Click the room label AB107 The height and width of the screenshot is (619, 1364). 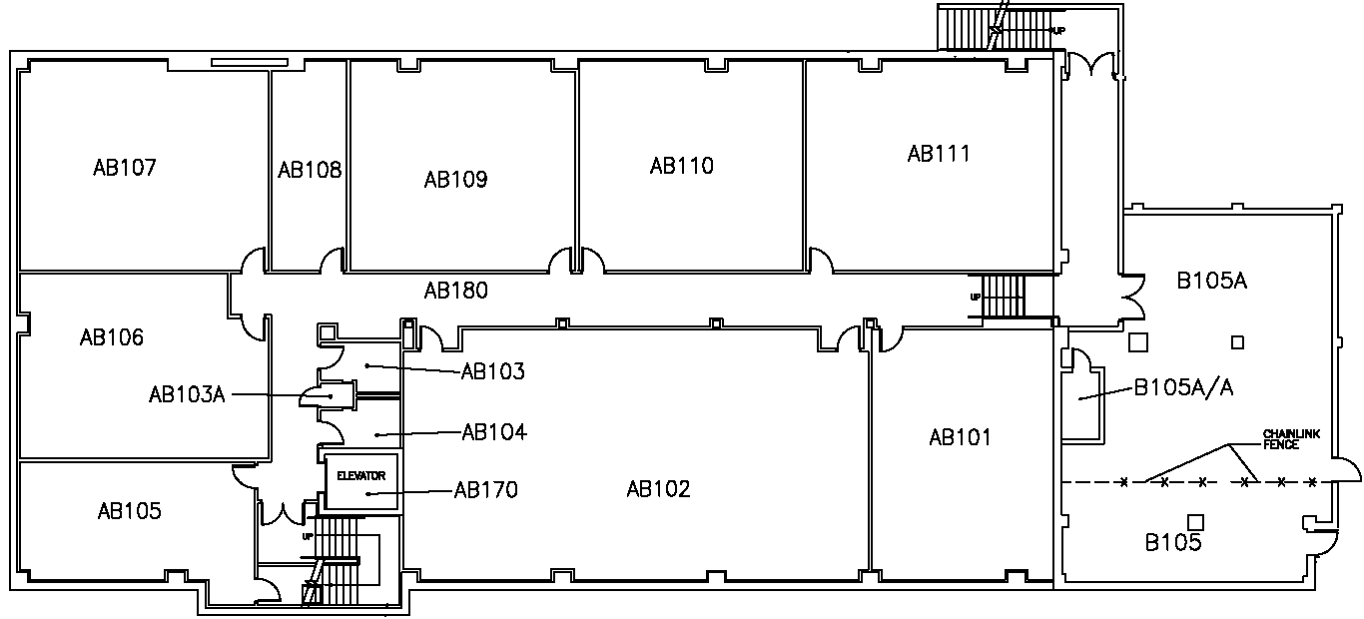click(125, 168)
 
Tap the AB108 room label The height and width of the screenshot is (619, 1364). click(310, 171)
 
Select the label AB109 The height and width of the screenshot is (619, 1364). click(455, 180)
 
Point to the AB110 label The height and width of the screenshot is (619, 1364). click(682, 166)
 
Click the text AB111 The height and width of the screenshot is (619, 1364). click(939, 154)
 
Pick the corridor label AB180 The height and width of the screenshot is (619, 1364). click(455, 292)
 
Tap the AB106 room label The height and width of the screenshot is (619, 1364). click(112, 337)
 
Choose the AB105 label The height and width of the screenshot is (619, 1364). click(129, 511)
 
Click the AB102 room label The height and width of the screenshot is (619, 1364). click(658, 489)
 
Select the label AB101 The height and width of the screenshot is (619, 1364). click(960, 437)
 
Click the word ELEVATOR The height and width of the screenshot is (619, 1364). click(361, 476)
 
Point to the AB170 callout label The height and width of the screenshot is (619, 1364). click(486, 490)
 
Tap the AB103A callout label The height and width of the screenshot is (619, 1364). click(187, 395)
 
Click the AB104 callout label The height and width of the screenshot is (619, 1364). click(494, 432)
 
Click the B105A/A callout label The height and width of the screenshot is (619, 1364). click(1183, 388)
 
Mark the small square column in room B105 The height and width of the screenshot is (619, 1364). click(1195, 521)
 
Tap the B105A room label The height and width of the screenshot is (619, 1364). click(1211, 282)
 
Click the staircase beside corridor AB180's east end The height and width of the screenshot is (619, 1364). click(1004, 297)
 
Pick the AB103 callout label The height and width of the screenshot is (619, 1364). click(493, 372)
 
